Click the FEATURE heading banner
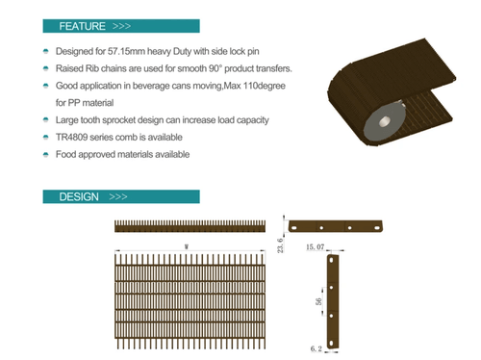(x=121, y=26)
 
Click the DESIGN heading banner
(x=121, y=196)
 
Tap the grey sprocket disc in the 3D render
(x=384, y=121)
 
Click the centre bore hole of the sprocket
(x=384, y=121)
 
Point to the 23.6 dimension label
(x=280, y=245)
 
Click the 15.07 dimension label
(x=315, y=246)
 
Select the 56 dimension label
(x=318, y=301)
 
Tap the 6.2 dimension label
(x=316, y=348)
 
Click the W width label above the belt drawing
(x=187, y=246)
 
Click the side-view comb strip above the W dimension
(x=190, y=226)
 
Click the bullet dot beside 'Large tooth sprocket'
(x=46, y=120)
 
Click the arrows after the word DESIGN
(x=118, y=196)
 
